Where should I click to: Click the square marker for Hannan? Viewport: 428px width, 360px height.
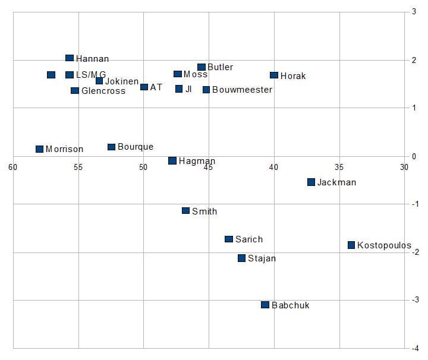[70, 58]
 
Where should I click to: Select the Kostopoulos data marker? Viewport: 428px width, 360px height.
[351, 245]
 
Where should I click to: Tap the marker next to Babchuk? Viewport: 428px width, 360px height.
[265, 305]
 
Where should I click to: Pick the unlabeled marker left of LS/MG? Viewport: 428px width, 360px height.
[51, 75]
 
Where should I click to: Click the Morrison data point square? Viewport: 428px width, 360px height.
[40, 149]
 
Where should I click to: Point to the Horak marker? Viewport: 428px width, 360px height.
[274, 75]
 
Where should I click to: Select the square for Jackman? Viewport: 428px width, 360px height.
[311, 182]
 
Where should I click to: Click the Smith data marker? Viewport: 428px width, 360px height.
[185, 211]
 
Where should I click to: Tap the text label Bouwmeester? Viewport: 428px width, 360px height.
[242, 90]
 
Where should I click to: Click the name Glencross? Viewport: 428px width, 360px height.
[103, 91]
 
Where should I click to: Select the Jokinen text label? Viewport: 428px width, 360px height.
[122, 81]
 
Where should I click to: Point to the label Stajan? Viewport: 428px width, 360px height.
[262, 258]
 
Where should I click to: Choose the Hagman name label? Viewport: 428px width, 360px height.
[197, 161]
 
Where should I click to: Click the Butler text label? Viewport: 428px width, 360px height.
[220, 68]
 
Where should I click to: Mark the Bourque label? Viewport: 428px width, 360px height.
[136, 147]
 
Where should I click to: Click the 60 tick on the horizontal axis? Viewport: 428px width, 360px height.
[12, 167]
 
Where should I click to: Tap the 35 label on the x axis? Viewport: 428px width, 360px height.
[339, 167]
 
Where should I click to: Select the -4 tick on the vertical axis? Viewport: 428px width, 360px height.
[415, 348]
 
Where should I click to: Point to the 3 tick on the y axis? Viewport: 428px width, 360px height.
[414, 12]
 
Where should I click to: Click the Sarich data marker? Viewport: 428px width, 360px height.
[229, 239]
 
